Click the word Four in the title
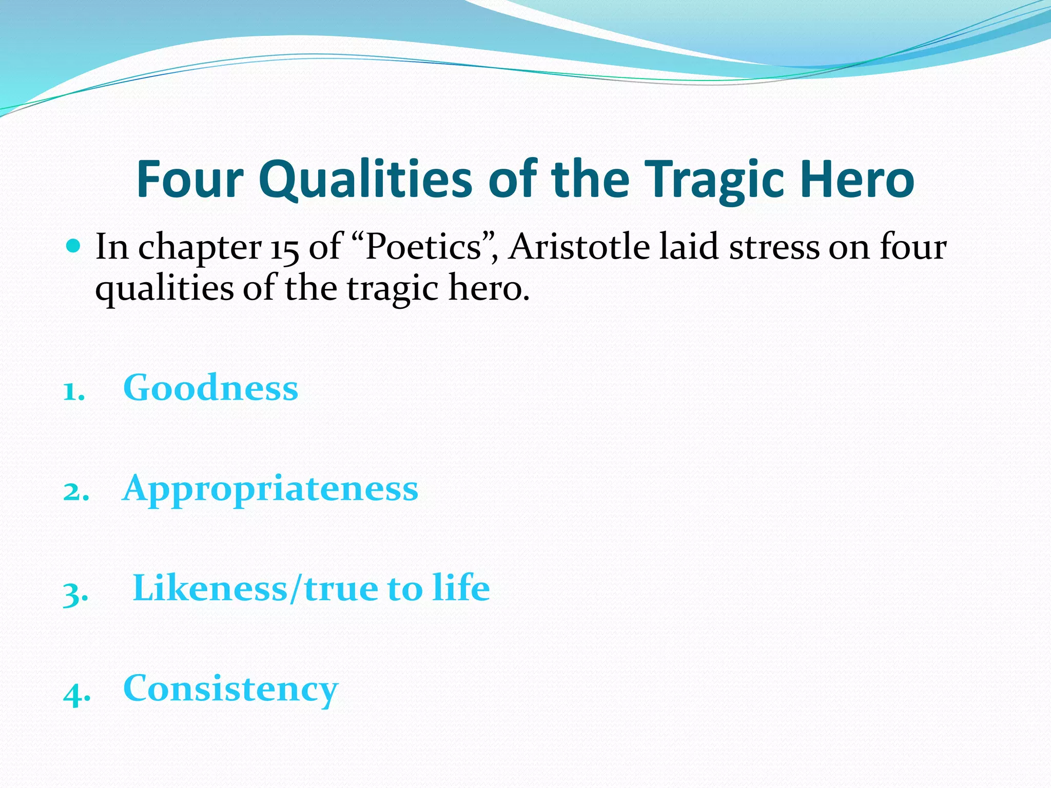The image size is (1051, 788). pos(189,179)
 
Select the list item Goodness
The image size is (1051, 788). pos(210,387)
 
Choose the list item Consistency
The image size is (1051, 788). pos(230,688)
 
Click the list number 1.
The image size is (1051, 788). pos(73,392)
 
